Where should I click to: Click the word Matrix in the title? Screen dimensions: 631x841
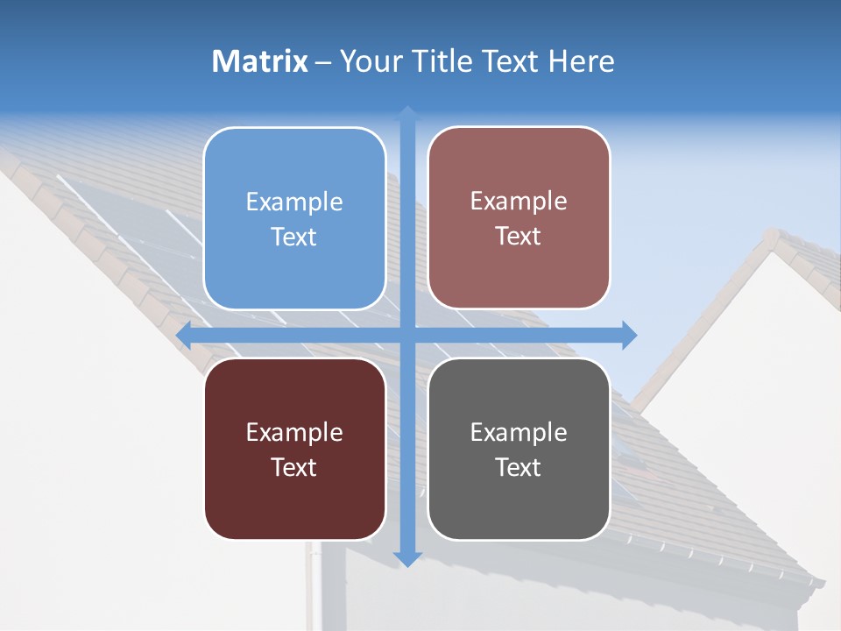click(260, 61)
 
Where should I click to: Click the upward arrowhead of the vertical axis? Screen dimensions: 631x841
click(407, 113)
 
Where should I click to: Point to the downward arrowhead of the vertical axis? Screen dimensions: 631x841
click(407, 558)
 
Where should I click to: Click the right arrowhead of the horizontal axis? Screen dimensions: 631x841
click(629, 335)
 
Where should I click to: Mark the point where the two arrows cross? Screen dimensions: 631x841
click(407, 335)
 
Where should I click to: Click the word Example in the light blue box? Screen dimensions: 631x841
click(294, 202)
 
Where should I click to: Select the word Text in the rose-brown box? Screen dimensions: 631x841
click(519, 237)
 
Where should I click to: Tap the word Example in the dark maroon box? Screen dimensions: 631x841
click(294, 433)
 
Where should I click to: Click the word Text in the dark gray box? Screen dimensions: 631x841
click(519, 468)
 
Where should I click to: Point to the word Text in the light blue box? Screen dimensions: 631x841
click(294, 238)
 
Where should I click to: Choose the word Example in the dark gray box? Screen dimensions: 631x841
click(519, 433)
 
